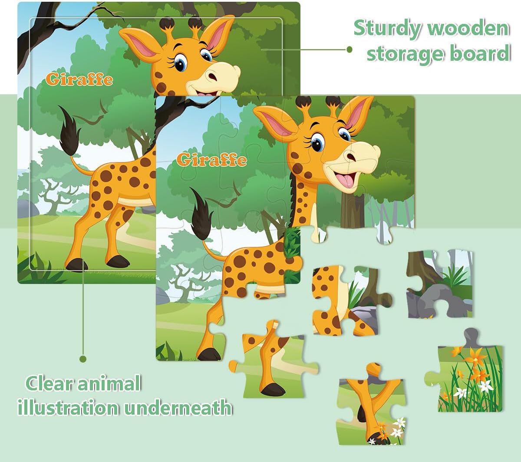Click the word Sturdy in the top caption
(x=387, y=29)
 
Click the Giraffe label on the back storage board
(x=79, y=79)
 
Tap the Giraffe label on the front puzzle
(x=212, y=159)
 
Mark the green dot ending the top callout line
(x=349, y=49)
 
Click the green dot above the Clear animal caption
(x=83, y=359)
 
